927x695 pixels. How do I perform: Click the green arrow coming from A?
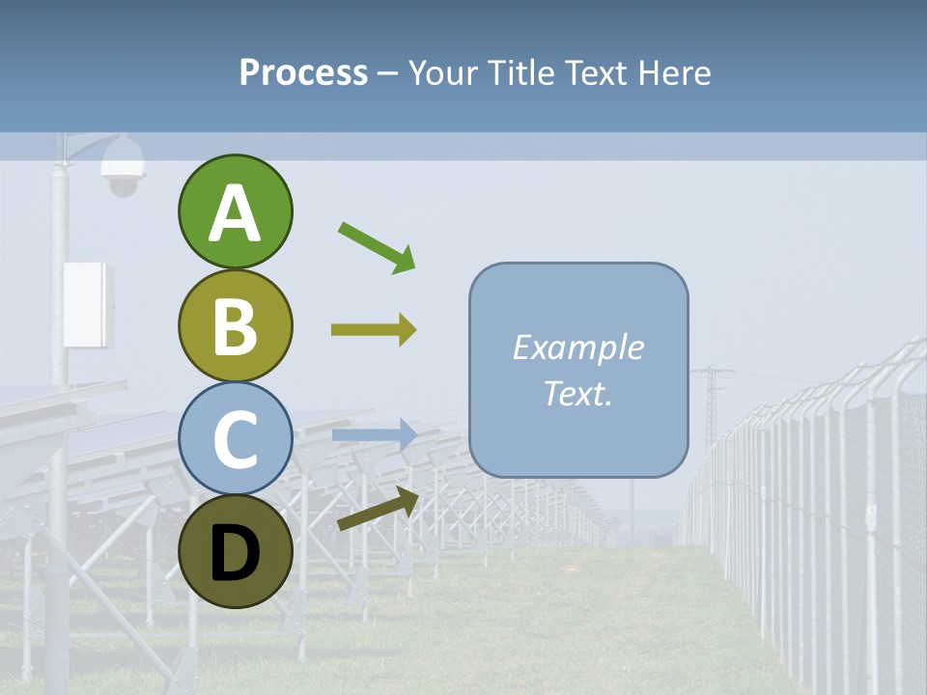[377, 247]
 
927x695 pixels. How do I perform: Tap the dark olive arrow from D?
[378, 509]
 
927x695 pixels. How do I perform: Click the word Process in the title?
[303, 73]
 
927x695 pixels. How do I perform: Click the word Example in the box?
[577, 347]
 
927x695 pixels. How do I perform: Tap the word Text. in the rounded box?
[577, 393]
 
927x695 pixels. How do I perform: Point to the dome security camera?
[124, 166]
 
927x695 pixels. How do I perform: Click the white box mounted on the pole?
[88, 305]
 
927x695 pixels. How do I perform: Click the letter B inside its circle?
[236, 326]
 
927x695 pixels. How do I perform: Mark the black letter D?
[236, 553]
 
